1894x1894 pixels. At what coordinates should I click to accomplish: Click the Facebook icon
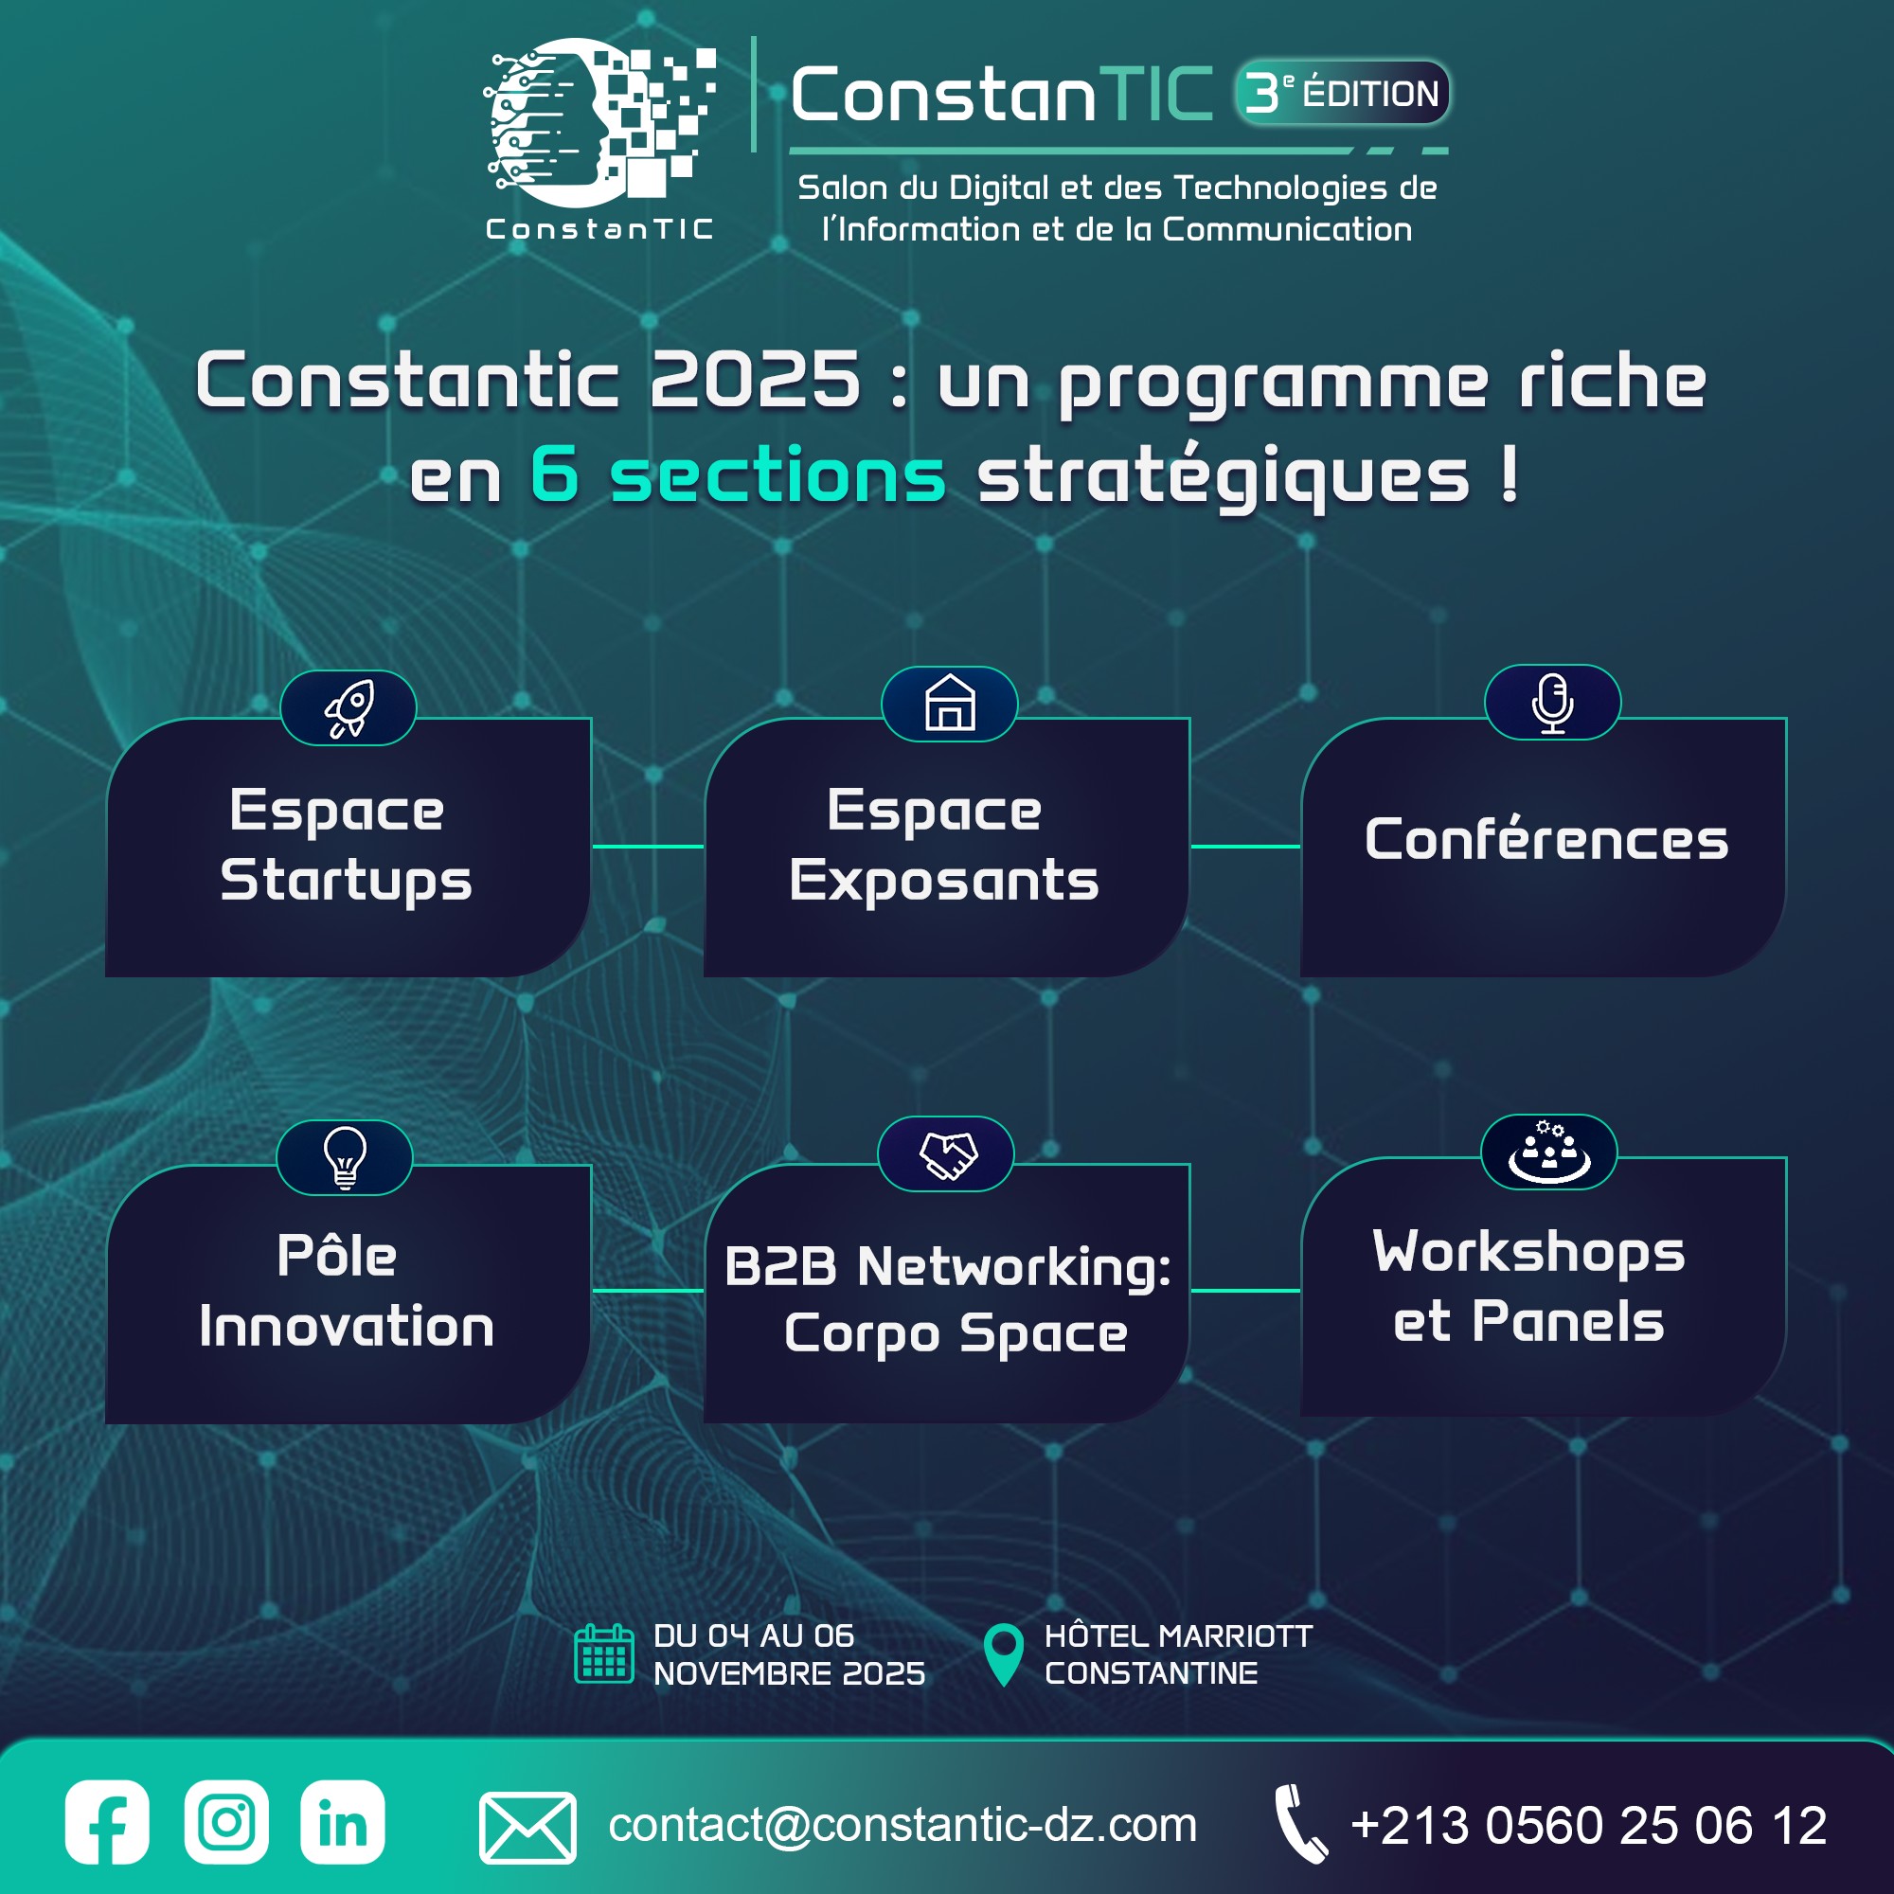107,1821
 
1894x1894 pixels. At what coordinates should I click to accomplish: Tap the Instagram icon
226,1821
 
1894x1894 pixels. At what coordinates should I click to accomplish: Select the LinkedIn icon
342,1821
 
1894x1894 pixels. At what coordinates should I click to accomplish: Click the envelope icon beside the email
527,1828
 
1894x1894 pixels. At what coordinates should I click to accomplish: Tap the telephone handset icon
1301,1823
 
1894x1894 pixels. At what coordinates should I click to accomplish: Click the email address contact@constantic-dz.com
902,1825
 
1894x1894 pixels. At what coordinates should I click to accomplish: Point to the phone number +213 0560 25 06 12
1589,1826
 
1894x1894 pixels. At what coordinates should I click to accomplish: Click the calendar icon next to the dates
604,1653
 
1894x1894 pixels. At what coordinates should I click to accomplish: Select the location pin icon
1003,1655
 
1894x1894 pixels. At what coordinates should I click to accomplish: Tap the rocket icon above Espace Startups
349,707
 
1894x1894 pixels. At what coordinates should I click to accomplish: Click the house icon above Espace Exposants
950,703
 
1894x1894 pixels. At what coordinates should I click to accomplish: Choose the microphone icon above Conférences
1553,703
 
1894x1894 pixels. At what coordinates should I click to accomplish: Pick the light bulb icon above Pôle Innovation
345,1158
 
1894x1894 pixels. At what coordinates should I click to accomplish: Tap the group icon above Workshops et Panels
1549,1152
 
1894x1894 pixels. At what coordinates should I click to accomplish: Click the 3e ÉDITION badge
1342,93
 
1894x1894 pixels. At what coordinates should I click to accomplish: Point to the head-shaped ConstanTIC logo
599,122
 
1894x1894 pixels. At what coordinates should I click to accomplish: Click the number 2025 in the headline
755,381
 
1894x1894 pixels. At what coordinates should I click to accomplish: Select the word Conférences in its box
1546,839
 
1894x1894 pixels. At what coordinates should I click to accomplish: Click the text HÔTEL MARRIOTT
1178,1635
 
